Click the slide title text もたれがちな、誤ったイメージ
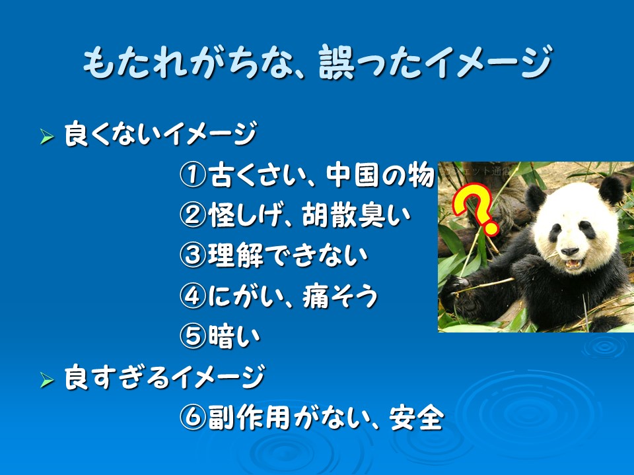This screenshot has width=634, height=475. [x=318, y=62]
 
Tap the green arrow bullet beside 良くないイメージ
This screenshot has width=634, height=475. [x=47, y=137]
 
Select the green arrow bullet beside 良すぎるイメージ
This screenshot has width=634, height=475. [x=47, y=380]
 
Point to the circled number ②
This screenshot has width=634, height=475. [x=193, y=215]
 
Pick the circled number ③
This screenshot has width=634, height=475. [x=193, y=255]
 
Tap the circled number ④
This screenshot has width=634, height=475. [x=193, y=296]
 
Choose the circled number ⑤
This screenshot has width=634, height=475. [x=193, y=336]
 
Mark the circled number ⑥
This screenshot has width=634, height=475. [x=193, y=417]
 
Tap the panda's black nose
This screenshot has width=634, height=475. [x=570, y=251]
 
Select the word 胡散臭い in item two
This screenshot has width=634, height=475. [x=357, y=215]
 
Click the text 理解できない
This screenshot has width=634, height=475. [x=288, y=256]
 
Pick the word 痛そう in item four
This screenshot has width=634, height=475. [x=340, y=296]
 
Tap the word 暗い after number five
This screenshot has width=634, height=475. [x=234, y=336]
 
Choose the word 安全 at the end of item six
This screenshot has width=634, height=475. [x=417, y=418]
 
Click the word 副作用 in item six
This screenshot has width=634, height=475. [x=250, y=418]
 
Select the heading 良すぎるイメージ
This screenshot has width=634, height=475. [x=164, y=377]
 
